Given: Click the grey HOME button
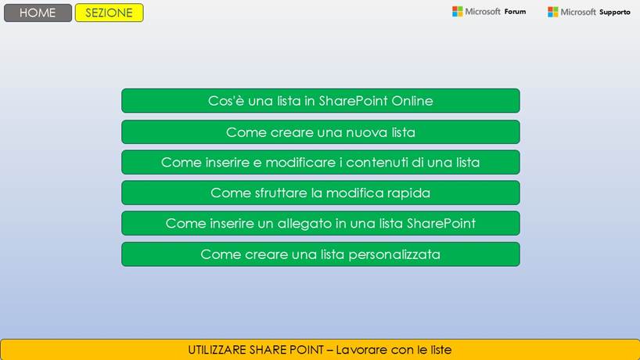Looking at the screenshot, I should coord(38,13).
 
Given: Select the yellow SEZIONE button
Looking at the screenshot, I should coord(109,13).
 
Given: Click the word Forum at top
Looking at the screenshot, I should coord(515,12).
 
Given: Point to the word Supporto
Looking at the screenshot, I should coord(614,12).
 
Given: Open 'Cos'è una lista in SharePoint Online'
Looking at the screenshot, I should coord(320,101).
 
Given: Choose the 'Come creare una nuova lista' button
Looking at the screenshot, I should coord(320,131).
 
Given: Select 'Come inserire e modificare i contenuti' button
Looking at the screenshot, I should coord(320,162).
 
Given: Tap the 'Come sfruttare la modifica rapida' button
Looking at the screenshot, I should coord(320,193).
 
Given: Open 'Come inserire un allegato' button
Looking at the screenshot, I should coord(320,223).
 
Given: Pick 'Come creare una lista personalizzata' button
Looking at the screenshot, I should coord(320,254).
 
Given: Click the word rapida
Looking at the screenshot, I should coord(408,193).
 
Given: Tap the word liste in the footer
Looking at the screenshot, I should coord(437,350).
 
